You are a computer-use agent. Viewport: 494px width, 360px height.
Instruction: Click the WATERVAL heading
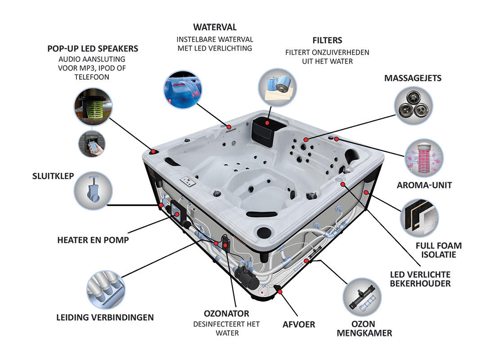coord(215,27)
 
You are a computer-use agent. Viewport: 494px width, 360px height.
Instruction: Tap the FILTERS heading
coord(327,40)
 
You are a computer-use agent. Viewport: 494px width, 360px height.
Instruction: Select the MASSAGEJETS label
coord(413,78)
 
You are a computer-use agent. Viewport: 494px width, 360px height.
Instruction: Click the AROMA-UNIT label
coord(424,185)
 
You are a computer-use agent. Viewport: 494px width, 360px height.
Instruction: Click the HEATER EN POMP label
coord(93,240)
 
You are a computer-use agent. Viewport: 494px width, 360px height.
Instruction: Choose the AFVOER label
coord(298,324)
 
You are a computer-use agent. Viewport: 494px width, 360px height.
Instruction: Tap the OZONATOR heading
coord(226,314)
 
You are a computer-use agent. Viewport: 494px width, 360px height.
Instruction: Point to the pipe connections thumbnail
coord(106,289)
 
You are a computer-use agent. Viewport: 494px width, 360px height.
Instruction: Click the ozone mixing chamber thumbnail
coord(362,297)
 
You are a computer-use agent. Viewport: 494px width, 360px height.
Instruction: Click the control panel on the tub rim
coord(188,181)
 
